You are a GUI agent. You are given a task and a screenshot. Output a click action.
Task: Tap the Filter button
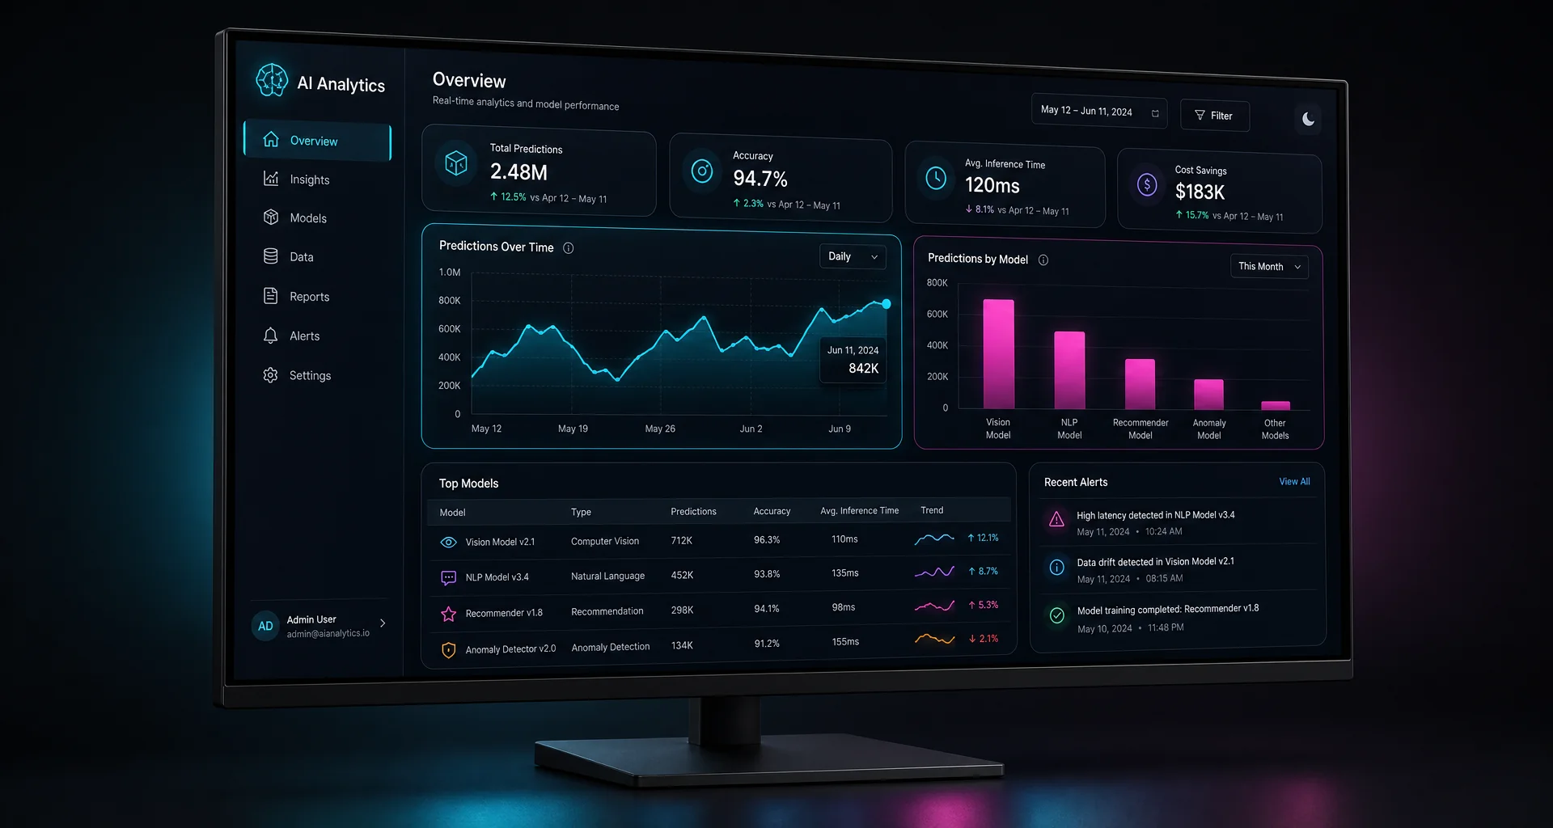(x=1214, y=116)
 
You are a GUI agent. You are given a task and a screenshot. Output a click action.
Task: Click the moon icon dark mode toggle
(x=1308, y=120)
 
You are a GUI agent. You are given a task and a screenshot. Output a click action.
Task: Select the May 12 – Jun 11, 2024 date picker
(x=1098, y=111)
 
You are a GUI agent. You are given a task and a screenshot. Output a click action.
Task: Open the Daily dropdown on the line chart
(x=853, y=256)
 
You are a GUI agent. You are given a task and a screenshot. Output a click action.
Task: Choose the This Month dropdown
(x=1269, y=266)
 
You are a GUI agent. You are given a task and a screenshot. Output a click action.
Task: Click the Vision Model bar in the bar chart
(x=998, y=354)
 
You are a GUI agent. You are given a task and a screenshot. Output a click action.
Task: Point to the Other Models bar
(x=1276, y=405)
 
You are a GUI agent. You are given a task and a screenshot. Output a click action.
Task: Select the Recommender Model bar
(x=1140, y=384)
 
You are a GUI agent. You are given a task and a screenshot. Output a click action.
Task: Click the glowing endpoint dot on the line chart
(x=887, y=304)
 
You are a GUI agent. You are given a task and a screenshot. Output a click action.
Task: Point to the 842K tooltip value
(x=863, y=369)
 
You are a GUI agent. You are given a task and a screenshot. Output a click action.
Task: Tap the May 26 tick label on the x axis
(x=660, y=429)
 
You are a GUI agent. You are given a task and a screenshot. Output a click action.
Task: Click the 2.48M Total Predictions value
(x=518, y=172)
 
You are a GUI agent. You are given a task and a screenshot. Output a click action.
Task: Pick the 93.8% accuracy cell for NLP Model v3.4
(x=767, y=574)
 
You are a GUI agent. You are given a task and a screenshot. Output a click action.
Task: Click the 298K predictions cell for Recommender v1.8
(x=682, y=610)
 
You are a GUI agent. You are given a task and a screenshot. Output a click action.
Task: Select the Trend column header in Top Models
(x=932, y=510)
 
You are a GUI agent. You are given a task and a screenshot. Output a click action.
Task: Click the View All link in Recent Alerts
(x=1294, y=481)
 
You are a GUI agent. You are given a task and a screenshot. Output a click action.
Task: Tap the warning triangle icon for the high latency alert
(x=1056, y=519)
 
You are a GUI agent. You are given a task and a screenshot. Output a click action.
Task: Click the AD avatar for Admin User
(x=265, y=626)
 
